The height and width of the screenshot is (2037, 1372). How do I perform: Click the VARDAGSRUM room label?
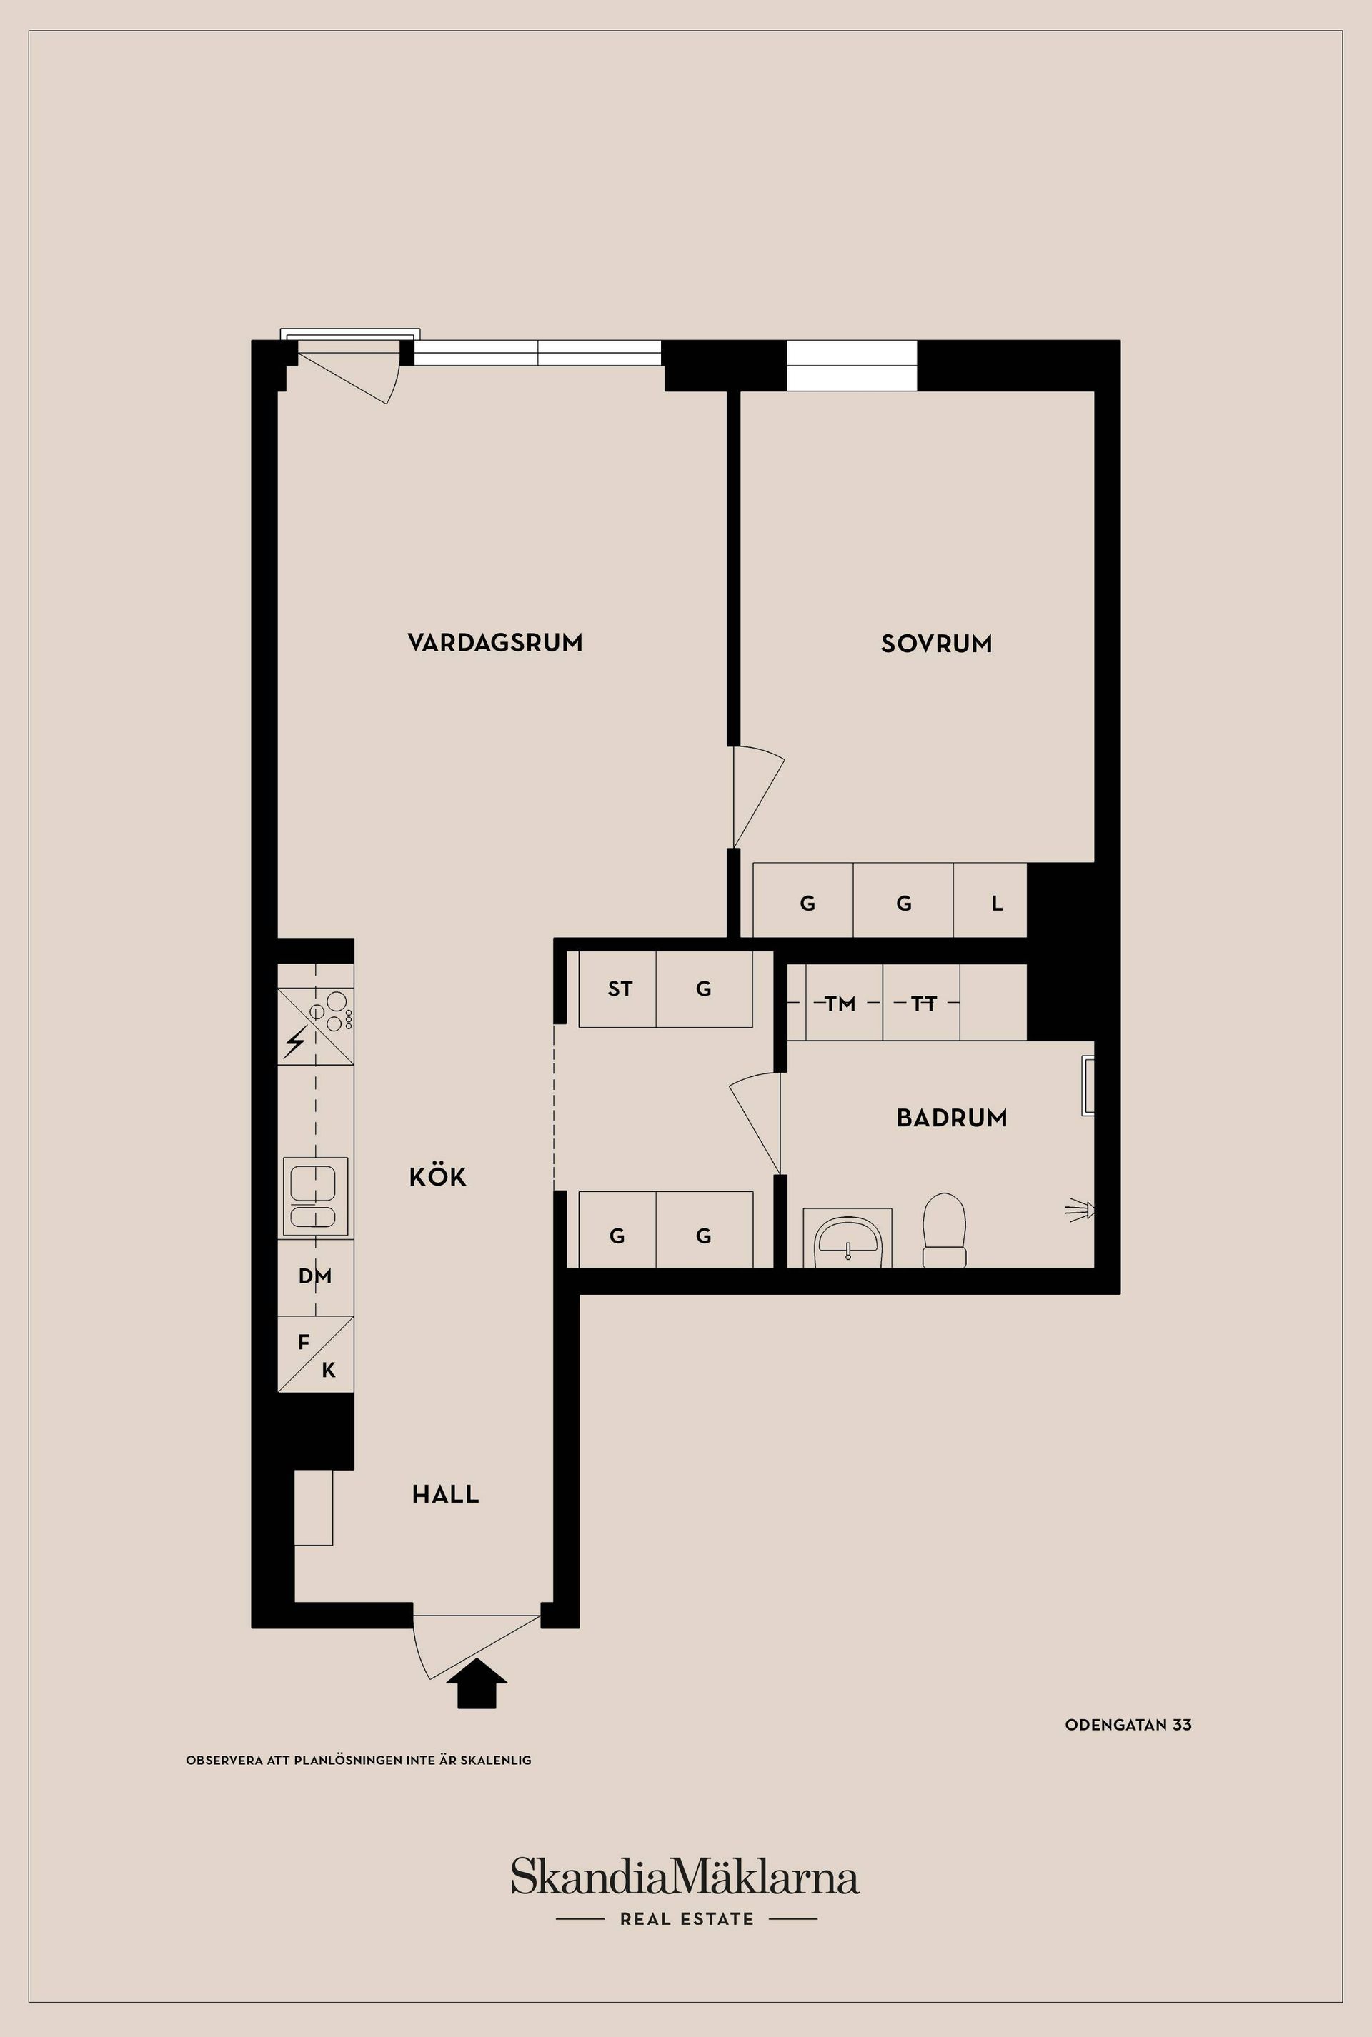pyautogui.click(x=494, y=643)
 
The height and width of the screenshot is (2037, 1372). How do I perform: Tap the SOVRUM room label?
pyautogui.click(x=936, y=644)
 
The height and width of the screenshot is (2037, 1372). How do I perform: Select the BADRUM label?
pyautogui.click(x=951, y=1118)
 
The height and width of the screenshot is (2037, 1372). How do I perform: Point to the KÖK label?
pyautogui.click(x=437, y=1177)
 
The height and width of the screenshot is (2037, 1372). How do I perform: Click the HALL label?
pyautogui.click(x=445, y=1494)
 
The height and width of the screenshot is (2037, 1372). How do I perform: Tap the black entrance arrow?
pyautogui.click(x=476, y=1683)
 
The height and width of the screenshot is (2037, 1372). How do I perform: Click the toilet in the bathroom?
pyautogui.click(x=944, y=1231)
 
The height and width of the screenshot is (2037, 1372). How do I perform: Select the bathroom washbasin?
pyautogui.click(x=847, y=1238)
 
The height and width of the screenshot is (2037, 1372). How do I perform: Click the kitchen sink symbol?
pyautogui.click(x=315, y=1196)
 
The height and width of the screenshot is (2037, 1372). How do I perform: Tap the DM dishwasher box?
pyautogui.click(x=315, y=1276)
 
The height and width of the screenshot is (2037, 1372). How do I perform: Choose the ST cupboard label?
pyautogui.click(x=620, y=989)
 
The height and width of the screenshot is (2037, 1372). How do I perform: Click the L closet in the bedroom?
pyautogui.click(x=995, y=904)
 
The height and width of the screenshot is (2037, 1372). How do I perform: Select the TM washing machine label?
pyautogui.click(x=840, y=1004)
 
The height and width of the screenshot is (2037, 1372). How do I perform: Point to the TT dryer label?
pyautogui.click(x=923, y=1004)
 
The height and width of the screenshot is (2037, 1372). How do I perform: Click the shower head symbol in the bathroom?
pyautogui.click(x=1080, y=1211)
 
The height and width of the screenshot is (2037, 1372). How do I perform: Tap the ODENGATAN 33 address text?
pyautogui.click(x=1128, y=1725)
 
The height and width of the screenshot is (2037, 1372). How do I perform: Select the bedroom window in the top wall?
pyautogui.click(x=851, y=366)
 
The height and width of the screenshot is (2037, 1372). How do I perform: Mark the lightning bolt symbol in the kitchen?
pyautogui.click(x=296, y=1041)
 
